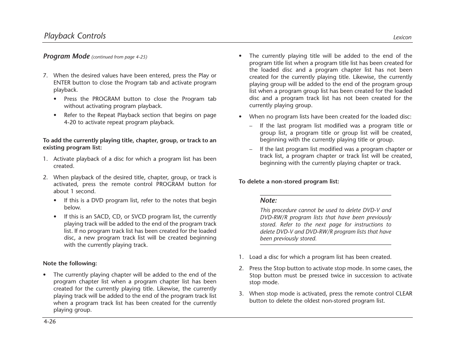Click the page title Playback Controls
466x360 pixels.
(x=75, y=36)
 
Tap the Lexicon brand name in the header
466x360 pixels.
(x=402, y=37)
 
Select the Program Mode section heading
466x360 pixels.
(x=66, y=56)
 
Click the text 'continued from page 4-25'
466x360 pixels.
(x=119, y=57)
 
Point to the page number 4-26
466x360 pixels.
(x=49, y=322)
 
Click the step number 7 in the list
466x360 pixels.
(x=45, y=75)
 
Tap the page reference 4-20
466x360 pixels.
(x=70, y=122)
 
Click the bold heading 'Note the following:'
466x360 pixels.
(x=70, y=263)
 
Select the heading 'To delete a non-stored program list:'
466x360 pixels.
(x=289, y=182)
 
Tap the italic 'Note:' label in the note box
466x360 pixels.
(x=268, y=200)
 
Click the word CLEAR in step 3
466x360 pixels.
(x=404, y=294)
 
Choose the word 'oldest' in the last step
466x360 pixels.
(x=314, y=301)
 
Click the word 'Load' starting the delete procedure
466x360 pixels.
(x=255, y=257)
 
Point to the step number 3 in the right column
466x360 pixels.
(x=241, y=294)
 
